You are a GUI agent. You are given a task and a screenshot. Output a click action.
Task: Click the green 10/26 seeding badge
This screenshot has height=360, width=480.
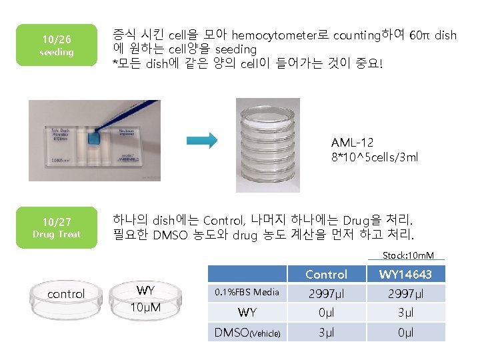pyautogui.click(x=56, y=45)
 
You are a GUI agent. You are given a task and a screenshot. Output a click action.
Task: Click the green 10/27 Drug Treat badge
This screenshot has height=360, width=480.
pyautogui.click(x=56, y=227)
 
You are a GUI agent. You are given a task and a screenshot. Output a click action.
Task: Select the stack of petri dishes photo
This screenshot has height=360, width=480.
pyautogui.click(x=268, y=145)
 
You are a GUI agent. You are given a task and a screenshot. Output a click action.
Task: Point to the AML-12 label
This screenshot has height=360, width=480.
pyautogui.click(x=352, y=143)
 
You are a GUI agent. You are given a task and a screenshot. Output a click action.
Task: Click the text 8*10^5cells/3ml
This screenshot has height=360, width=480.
pyautogui.click(x=375, y=157)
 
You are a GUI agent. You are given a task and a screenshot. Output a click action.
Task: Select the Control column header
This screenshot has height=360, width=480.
pyautogui.click(x=326, y=274)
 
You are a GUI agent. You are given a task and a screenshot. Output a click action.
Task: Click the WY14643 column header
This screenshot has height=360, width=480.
pyautogui.click(x=405, y=274)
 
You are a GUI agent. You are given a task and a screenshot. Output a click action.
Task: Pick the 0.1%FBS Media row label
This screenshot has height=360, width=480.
pyautogui.click(x=247, y=293)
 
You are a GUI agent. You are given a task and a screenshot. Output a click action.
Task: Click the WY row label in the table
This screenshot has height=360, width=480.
pyautogui.click(x=247, y=312)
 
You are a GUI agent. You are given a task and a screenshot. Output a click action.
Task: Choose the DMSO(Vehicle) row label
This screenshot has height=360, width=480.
pyautogui.click(x=247, y=331)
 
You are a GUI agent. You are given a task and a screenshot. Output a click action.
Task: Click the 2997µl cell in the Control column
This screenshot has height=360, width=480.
pyautogui.click(x=326, y=293)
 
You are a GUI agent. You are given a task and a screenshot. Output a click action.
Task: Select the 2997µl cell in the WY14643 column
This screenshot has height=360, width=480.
pyautogui.click(x=405, y=293)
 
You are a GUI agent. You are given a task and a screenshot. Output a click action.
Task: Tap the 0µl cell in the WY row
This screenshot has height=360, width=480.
pyautogui.click(x=326, y=312)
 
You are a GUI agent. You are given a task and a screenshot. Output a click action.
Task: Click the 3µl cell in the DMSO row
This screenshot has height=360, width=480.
pyautogui.click(x=326, y=331)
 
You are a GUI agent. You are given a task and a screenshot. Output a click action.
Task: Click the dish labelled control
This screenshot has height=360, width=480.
pyautogui.click(x=66, y=295)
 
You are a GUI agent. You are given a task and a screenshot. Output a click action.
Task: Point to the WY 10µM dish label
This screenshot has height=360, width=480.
pyautogui.click(x=145, y=299)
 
